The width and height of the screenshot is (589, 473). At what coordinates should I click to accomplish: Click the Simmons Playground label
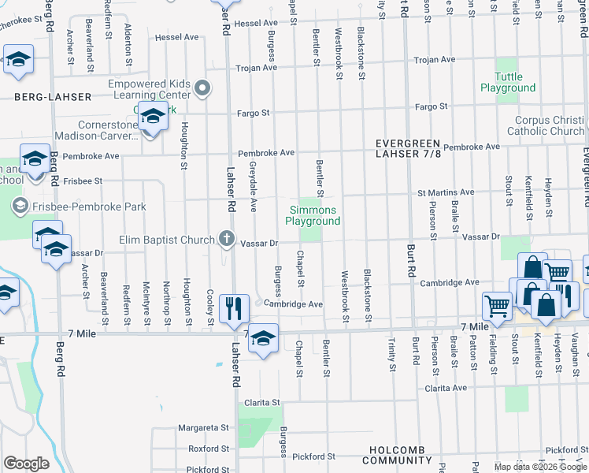[x=314, y=216]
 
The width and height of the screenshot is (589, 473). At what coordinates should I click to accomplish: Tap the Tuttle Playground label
[x=508, y=82]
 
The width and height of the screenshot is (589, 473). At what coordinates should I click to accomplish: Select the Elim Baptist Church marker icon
[x=227, y=238]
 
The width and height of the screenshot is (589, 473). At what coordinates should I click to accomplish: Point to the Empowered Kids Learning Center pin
[x=203, y=88]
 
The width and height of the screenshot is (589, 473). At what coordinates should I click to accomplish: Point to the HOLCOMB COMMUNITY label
[x=398, y=460]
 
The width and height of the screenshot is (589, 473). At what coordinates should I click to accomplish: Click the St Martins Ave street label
[x=446, y=192]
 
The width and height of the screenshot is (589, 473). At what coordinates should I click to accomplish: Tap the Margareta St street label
[x=202, y=427]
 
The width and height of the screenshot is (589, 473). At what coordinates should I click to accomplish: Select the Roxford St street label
[x=208, y=449]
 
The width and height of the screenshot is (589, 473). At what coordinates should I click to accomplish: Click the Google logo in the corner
[x=27, y=464]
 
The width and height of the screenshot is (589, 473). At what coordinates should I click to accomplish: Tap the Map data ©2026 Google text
[x=540, y=467]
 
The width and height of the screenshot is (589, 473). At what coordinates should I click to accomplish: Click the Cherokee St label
[x=20, y=24]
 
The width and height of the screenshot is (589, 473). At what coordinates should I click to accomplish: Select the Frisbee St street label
[x=83, y=181]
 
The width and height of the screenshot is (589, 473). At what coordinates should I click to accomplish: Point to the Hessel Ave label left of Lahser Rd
[x=177, y=37]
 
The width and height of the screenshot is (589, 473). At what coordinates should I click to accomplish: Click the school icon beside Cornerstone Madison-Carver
[x=152, y=118]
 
